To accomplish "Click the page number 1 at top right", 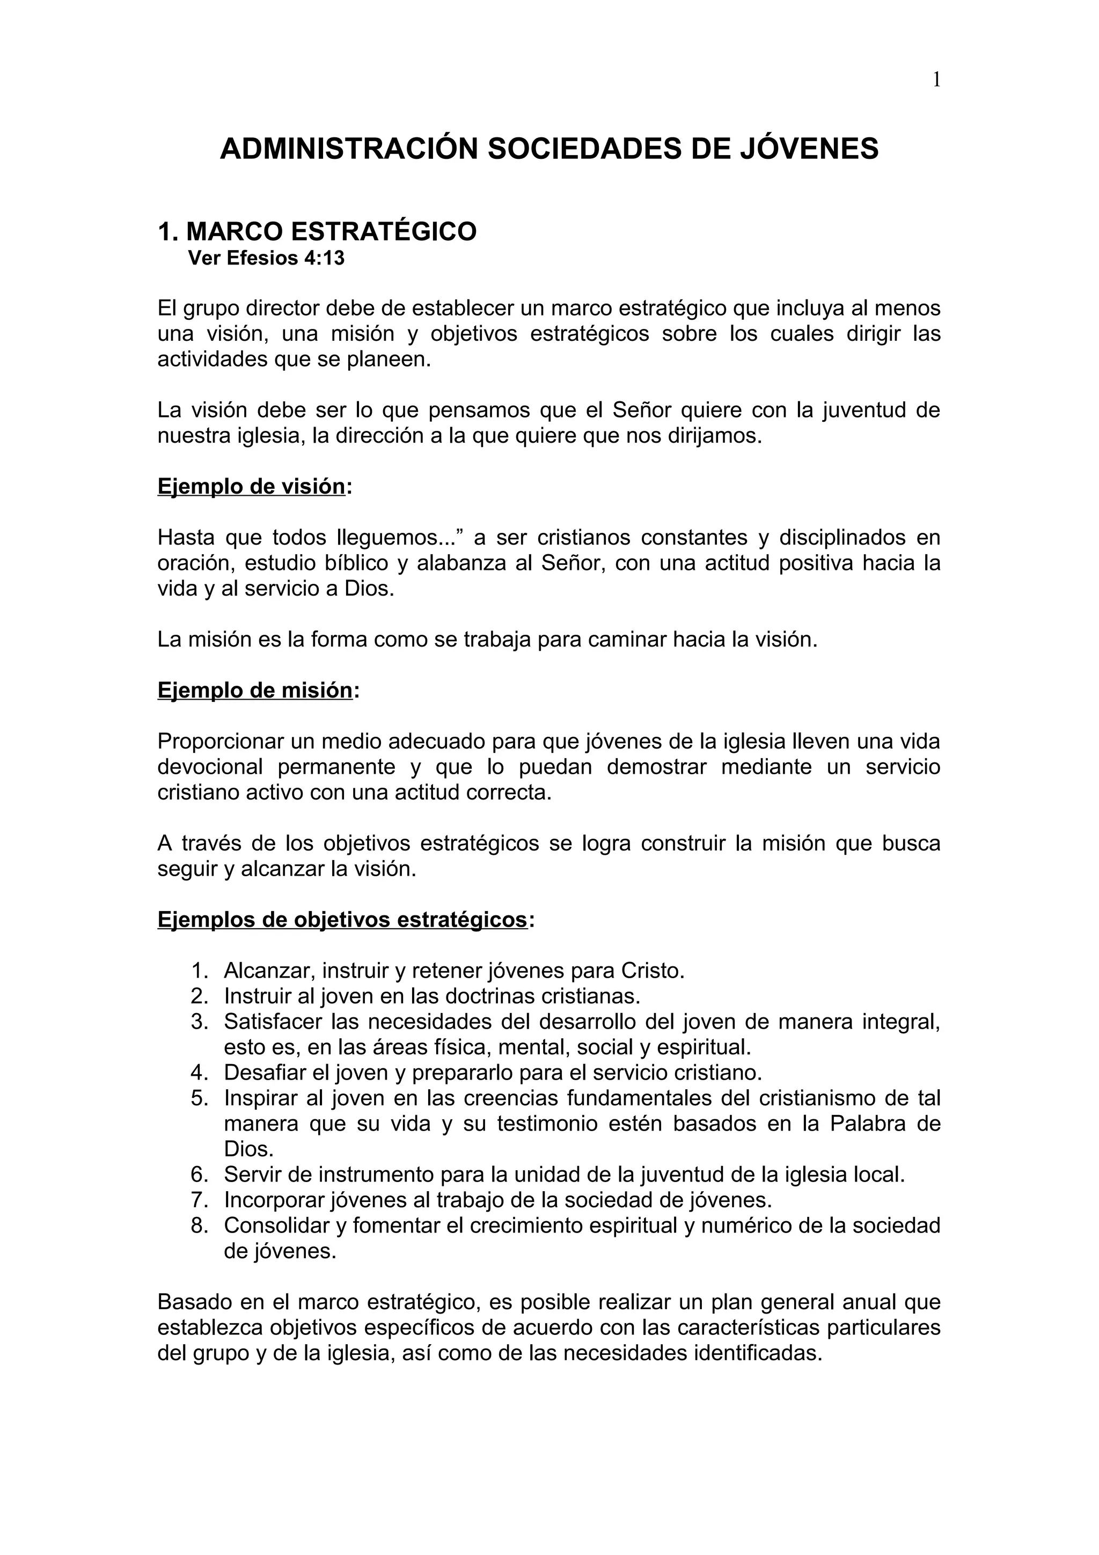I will pos(936,80).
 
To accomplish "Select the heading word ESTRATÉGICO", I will pos(384,232).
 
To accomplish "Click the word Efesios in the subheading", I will pos(259,258).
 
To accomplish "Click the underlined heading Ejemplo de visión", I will pos(251,486).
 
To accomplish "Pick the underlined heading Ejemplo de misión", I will pos(254,690).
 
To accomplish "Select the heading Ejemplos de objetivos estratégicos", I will pos(342,920).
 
